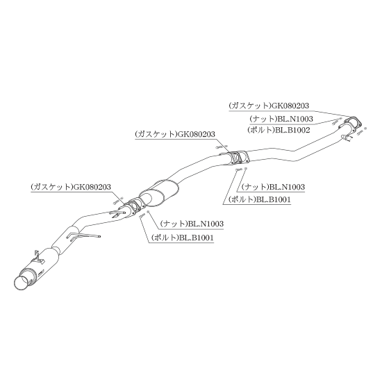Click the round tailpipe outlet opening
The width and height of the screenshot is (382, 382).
point(22,283)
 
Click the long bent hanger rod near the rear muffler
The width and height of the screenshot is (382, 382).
point(83,235)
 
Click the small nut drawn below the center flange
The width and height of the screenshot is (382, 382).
point(246,168)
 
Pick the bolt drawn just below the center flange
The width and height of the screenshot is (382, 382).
point(238,169)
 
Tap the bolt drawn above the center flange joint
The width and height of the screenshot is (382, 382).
point(219,147)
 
